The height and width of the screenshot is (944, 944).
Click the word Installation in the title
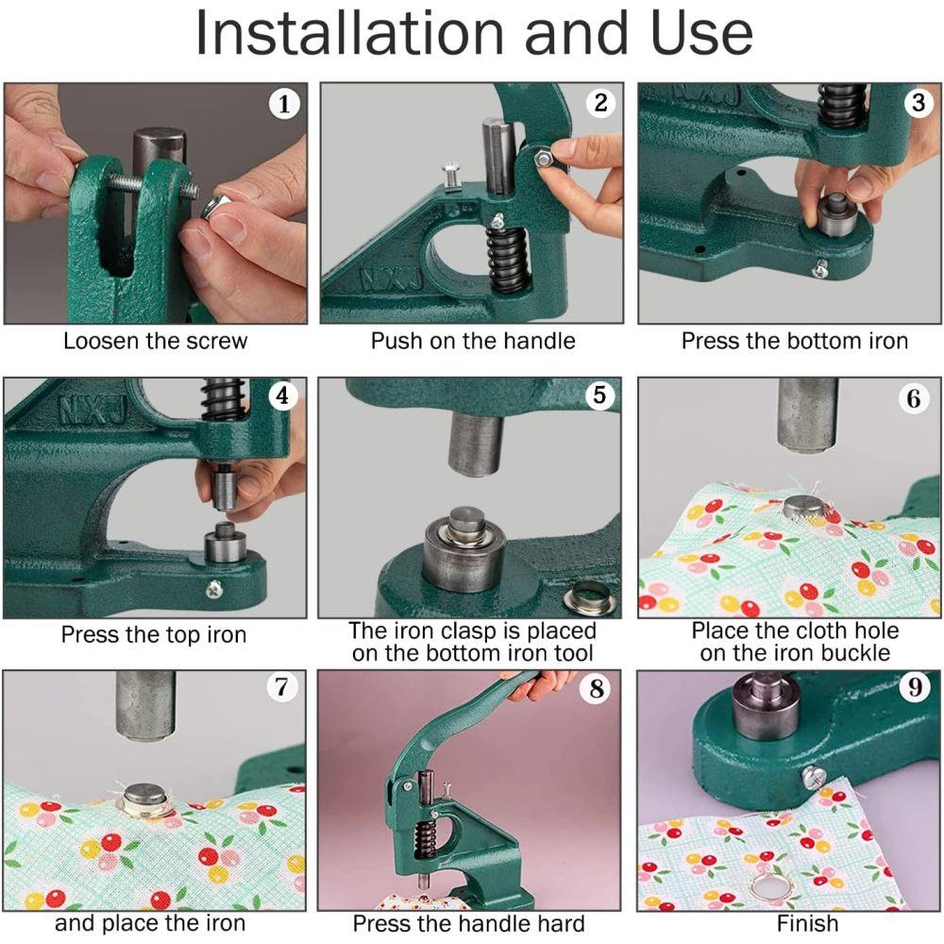click(x=349, y=34)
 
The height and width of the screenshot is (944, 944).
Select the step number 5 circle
click(x=599, y=396)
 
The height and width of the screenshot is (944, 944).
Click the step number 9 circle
click(x=914, y=688)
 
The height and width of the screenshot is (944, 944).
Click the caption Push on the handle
click(x=472, y=341)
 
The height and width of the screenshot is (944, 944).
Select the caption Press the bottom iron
click(x=794, y=341)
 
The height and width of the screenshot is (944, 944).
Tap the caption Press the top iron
click(x=153, y=634)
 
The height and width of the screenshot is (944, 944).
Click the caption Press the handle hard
click(x=469, y=923)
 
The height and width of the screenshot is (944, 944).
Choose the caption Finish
click(x=794, y=923)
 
